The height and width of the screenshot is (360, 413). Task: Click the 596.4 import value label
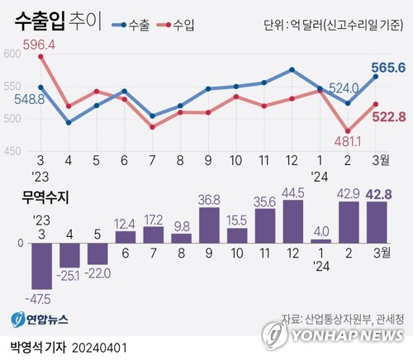39,45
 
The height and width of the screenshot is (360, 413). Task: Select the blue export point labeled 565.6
376,77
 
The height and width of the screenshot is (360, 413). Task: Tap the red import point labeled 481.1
348,131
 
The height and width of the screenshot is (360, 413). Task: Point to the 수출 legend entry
131,26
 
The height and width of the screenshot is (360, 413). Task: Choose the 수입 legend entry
176,26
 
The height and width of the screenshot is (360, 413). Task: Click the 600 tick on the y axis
12,54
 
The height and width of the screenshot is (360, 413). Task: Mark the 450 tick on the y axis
12,151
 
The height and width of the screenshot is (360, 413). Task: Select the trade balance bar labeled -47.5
42,266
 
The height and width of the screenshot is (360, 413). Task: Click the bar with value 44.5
293,221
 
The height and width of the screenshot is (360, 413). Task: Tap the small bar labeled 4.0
321,241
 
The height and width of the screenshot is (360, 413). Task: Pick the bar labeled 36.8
209,225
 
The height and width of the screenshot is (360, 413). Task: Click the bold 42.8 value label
378,194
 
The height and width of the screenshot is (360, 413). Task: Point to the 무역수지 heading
45,197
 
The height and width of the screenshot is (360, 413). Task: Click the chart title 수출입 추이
58,21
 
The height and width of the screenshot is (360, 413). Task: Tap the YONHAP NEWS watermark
333,335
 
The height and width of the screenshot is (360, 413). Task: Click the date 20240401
100,348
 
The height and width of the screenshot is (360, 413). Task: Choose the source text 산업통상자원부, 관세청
354,319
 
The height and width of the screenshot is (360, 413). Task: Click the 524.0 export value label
344,89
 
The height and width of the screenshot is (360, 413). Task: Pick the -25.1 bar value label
68,276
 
